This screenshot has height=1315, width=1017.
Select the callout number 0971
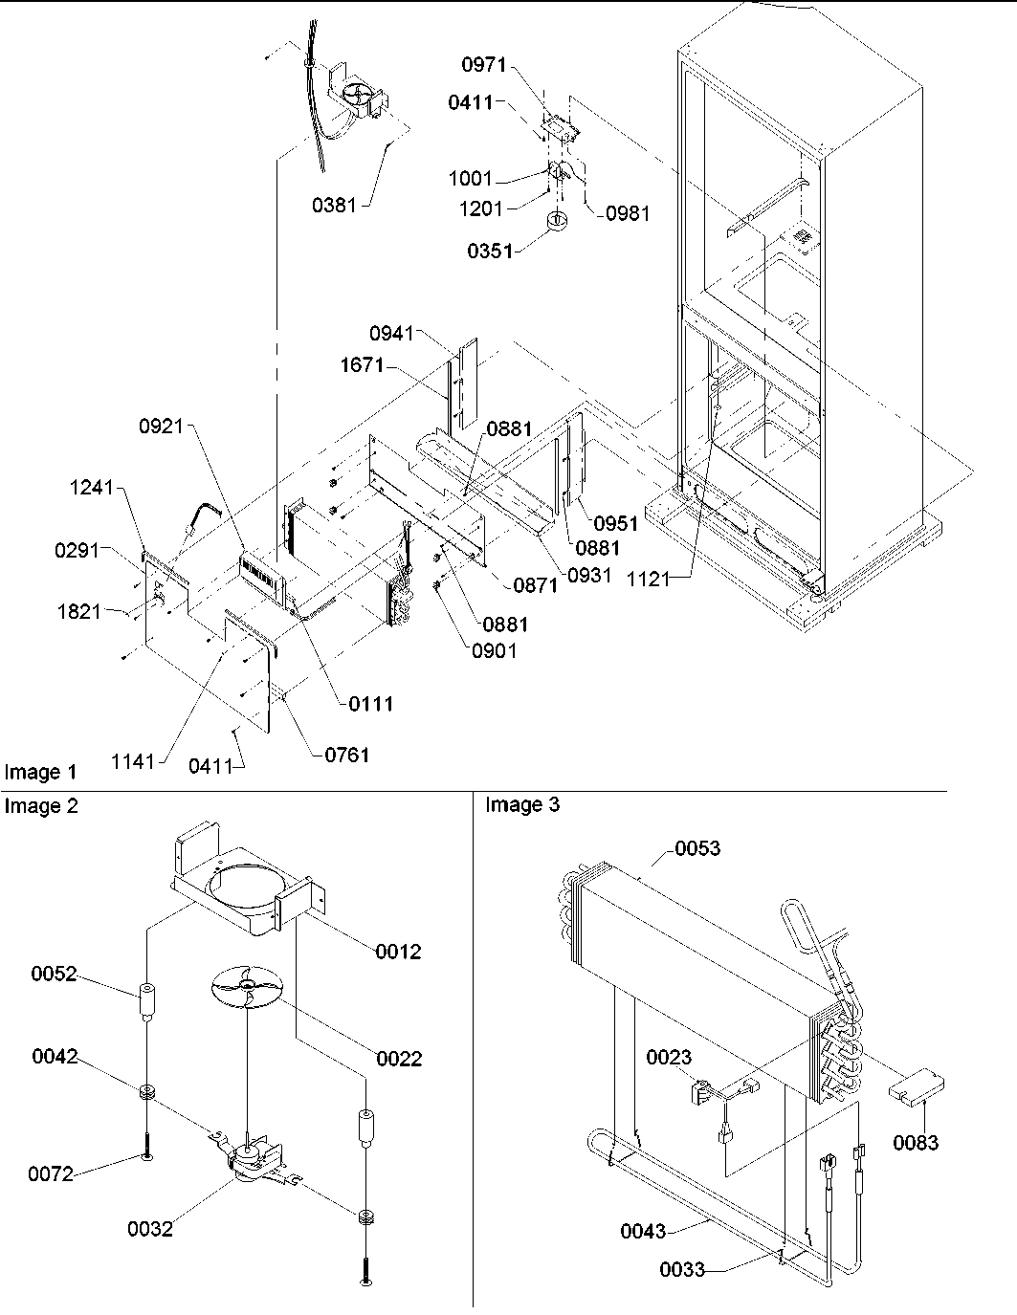486,65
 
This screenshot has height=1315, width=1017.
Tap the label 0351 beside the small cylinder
491,251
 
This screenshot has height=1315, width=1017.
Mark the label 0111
368,704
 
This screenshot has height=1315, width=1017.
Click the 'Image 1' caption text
40,772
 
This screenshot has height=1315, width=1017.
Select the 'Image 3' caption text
522,805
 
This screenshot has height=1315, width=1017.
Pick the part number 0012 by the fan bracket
398,952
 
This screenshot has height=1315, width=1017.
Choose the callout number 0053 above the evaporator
697,848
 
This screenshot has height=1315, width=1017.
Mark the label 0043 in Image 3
642,1232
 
